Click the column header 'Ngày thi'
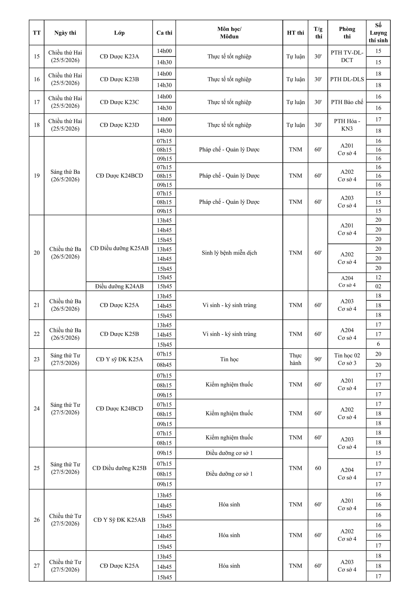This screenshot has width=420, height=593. pyautogui.click(x=65, y=33)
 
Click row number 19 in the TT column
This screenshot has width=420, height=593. pyautogui.click(x=37, y=176)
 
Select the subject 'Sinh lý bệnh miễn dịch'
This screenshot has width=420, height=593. pyautogui.click(x=229, y=253)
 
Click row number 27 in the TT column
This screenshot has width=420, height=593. pyautogui.click(x=37, y=566)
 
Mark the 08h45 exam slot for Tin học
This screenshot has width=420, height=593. pyautogui.click(x=164, y=365)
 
